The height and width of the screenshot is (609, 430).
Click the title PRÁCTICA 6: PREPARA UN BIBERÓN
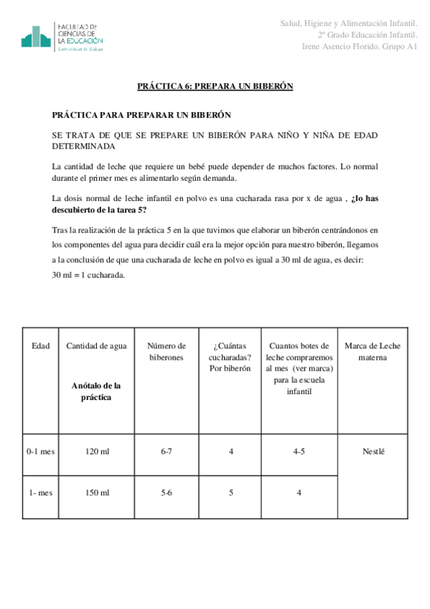[x=215, y=86]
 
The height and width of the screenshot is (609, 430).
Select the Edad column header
[x=41, y=345]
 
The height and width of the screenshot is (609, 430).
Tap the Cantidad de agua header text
[x=96, y=345]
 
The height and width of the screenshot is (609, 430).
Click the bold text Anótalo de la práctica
[x=96, y=391]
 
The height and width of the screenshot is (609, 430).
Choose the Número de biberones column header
[x=166, y=351]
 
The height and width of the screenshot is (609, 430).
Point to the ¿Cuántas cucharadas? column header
[x=230, y=357]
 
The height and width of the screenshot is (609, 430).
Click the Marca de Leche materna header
[x=373, y=351]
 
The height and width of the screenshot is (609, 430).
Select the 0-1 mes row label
[x=41, y=452]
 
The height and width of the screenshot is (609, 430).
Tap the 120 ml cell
[x=96, y=452]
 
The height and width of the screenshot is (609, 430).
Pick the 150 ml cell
[x=96, y=493]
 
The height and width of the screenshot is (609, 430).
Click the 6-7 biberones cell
[x=166, y=452]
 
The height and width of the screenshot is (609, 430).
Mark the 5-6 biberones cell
[x=166, y=493]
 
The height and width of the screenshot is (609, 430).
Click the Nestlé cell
[x=373, y=452]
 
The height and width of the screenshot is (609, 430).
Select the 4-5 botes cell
[x=299, y=452]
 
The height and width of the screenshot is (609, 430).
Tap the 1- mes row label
[x=41, y=493]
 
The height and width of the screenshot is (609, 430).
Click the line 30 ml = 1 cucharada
[x=89, y=274]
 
